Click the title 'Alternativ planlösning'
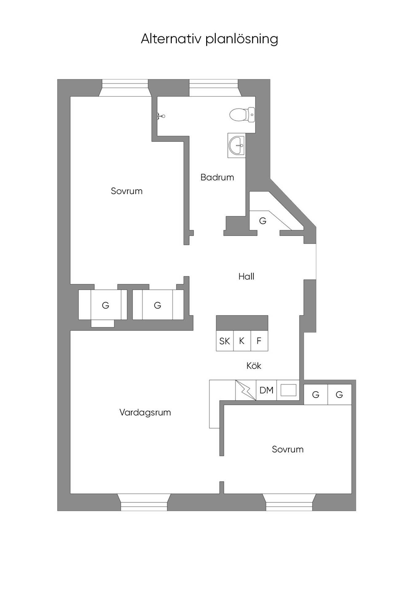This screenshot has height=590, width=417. (x=209, y=39)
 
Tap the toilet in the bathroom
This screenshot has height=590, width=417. (x=242, y=115)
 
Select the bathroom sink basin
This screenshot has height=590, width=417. (x=237, y=145)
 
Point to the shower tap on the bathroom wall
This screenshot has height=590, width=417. (x=161, y=116)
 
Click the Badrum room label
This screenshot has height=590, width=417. (x=217, y=177)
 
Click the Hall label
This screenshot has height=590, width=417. (x=246, y=277)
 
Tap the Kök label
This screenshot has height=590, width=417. (x=254, y=366)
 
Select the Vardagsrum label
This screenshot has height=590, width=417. (x=145, y=412)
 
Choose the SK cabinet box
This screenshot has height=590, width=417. (x=225, y=341)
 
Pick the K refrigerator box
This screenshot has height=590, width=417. (x=242, y=341)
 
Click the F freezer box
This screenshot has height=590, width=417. (x=259, y=341)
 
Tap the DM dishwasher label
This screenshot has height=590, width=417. (x=266, y=390)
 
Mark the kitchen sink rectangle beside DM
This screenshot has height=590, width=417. (x=289, y=390)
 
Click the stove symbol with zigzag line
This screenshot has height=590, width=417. (x=246, y=390)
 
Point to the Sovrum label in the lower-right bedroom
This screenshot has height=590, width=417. (x=288, y=449)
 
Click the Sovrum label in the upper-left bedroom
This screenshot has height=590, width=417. (x=127, y=191)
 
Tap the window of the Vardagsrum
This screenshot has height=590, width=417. (x=144, y=502)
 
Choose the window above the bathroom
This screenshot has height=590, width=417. (x=214, y=88)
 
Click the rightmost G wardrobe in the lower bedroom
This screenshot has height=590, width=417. (x=340, y=395)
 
